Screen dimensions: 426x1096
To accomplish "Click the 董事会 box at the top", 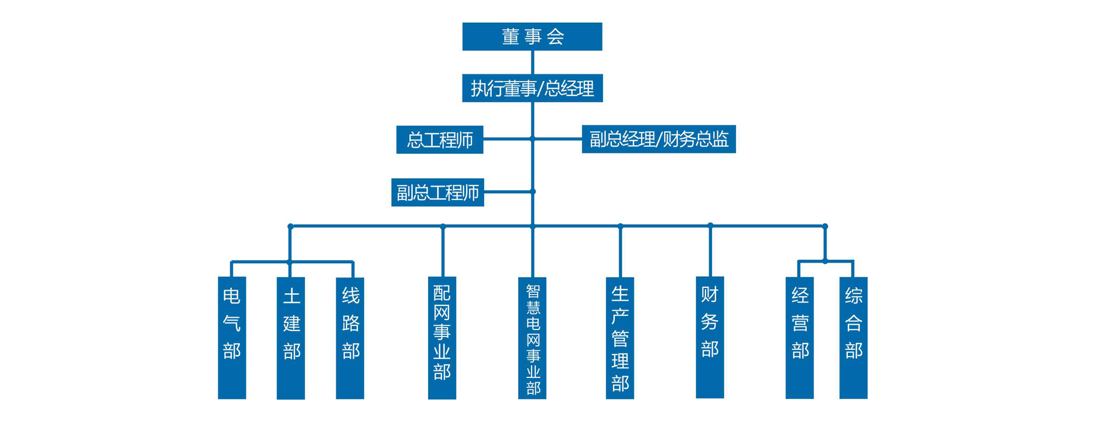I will [x=532, y=36].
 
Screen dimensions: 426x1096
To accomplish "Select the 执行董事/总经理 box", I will [x=532, y=88].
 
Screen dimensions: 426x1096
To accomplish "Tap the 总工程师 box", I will [x=440, y=140].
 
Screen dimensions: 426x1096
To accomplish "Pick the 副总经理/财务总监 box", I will [x=658, y=139].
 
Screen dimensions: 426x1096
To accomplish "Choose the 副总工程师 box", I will [x=437, y=193].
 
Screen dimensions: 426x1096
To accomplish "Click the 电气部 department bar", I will [x=232, y=338].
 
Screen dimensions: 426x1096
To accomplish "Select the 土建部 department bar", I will [x=291, y=338].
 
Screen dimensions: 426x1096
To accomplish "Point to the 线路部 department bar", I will [x=350, y=338].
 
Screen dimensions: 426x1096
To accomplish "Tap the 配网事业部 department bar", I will [x=442, y=338].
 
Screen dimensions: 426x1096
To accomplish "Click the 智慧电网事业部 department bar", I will [x=532, y=338].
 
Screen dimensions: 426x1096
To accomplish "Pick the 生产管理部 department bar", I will [x=620, y=338].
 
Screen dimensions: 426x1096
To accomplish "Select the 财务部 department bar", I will [x=710, y=338].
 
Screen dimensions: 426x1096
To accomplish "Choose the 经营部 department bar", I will [x=800, y=338].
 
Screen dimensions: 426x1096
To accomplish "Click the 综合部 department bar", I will [x=853, y=338].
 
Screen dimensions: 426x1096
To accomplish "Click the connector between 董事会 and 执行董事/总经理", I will [x=532, y=62].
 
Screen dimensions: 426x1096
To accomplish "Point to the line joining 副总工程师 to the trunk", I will [x=508, y=191].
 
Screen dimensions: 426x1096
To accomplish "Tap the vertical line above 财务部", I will [x=710, y=252].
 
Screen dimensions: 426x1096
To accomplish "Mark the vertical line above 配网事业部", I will [x=443, y=252].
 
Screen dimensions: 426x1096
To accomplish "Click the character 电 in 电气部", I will [x=232, y=296].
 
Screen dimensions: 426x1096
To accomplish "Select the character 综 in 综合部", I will [x=854, y=296].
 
